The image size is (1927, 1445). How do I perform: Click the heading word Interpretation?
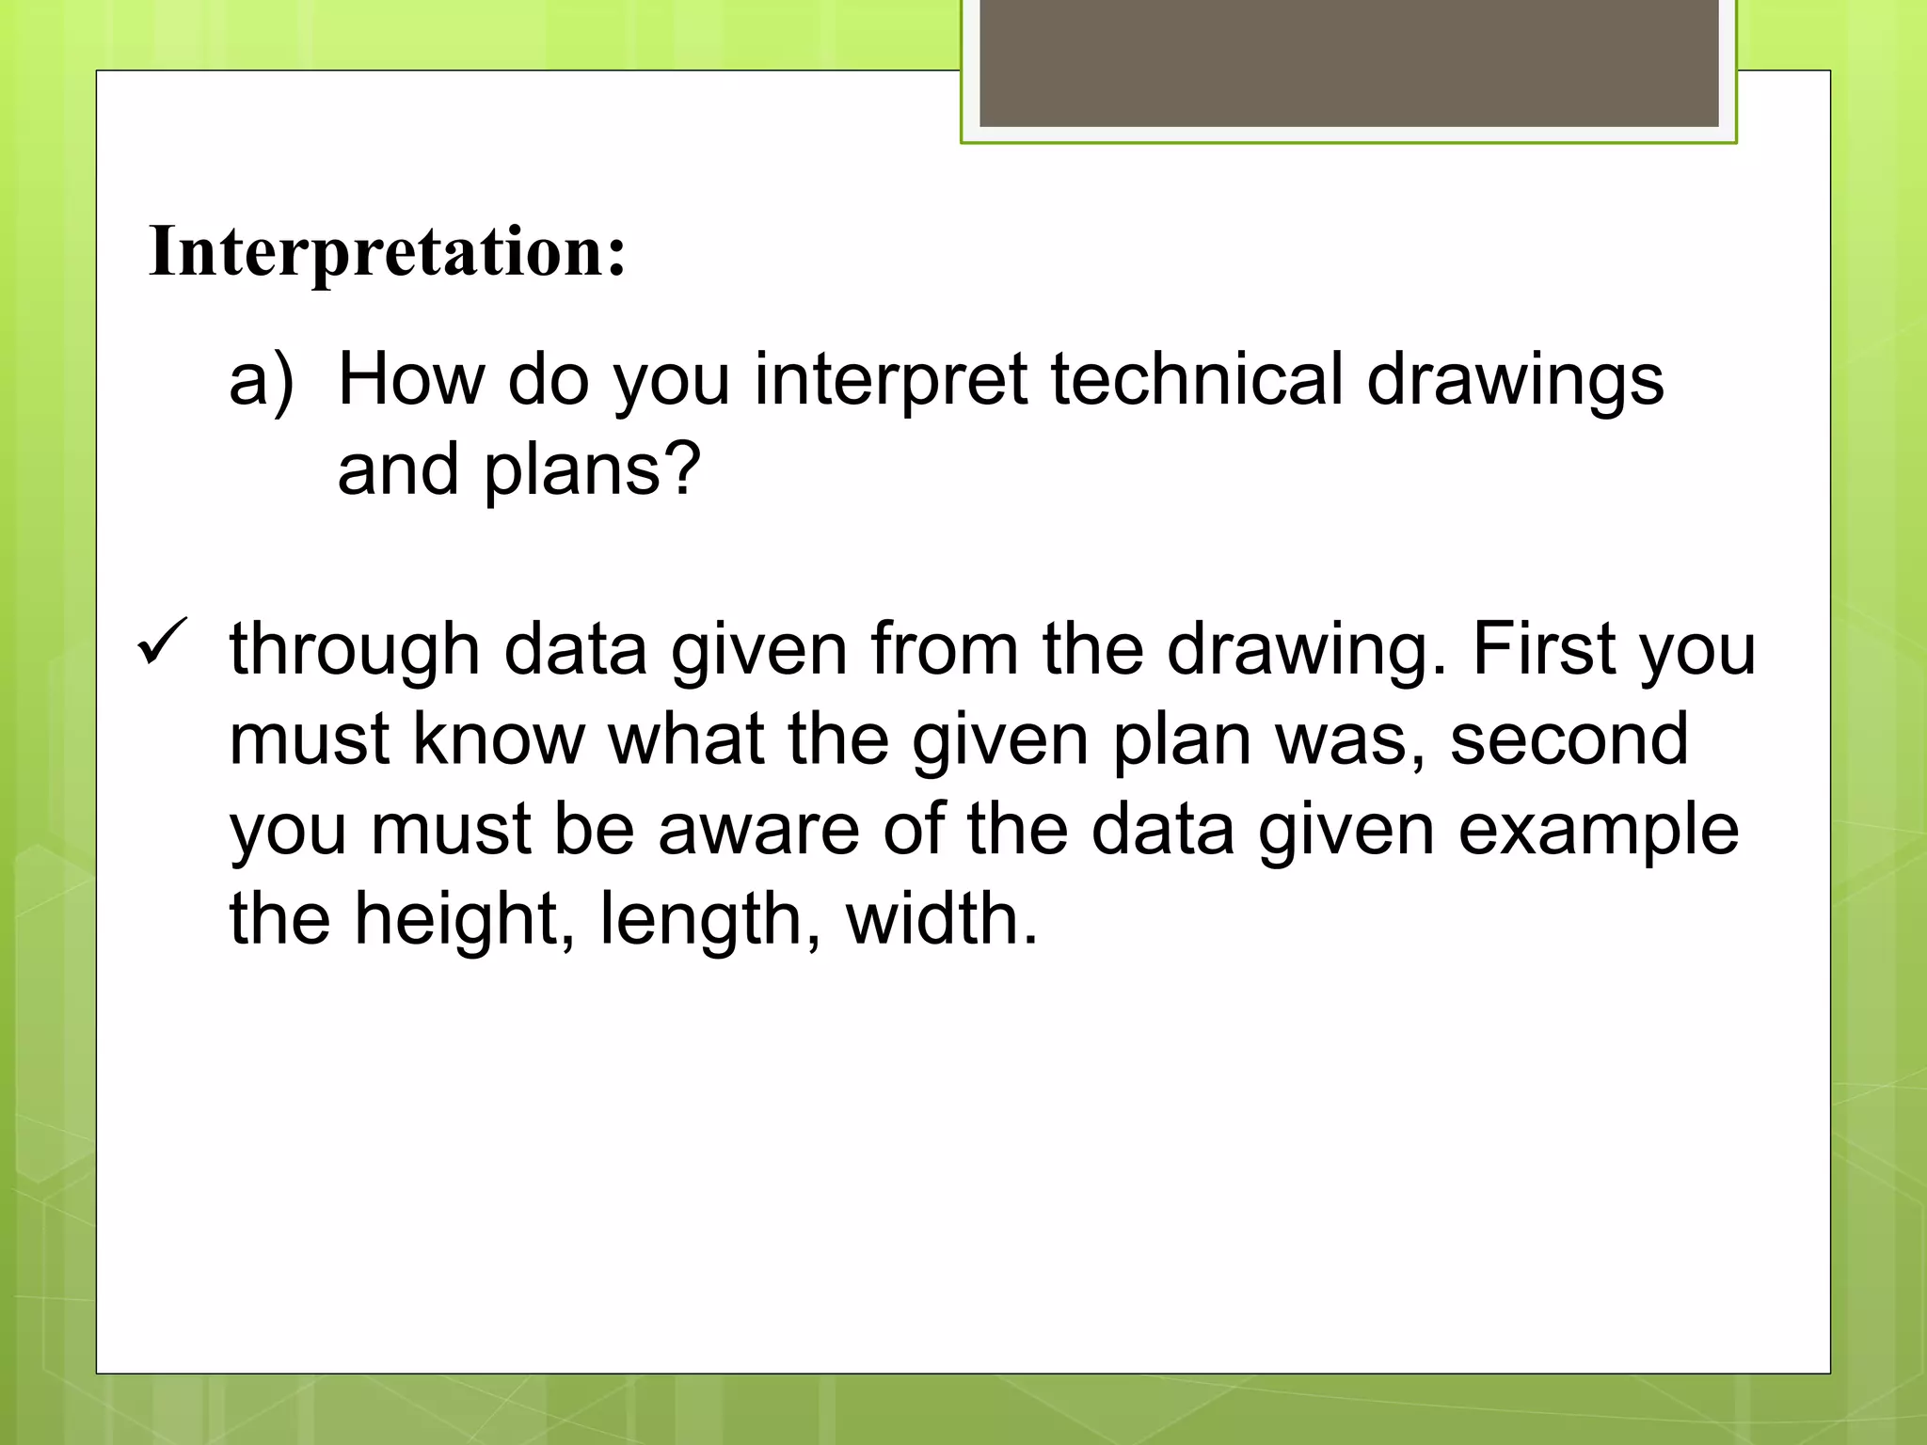pos(387,252)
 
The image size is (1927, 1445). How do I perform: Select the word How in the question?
pos(410,379)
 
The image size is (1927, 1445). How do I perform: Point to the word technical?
pos(1197,379)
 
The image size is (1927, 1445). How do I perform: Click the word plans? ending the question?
pos(593,469)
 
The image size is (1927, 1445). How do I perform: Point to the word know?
pos(499,739)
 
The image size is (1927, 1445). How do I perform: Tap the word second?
pos(1569,739)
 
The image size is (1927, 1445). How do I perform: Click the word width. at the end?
pos(942,919)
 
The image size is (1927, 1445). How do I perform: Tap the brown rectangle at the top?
pos(1348,64)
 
